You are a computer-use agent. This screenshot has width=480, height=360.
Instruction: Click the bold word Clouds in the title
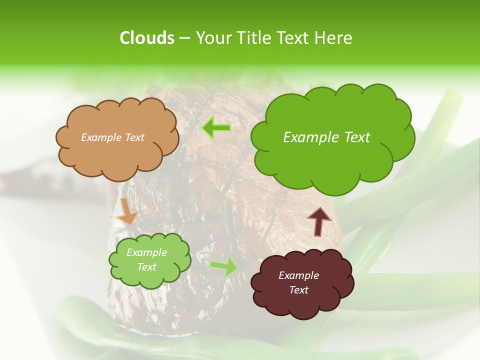(146, 38)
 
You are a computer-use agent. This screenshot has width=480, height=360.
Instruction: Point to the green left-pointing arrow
(216, 128)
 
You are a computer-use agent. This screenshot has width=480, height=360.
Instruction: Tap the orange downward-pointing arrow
(127, 211)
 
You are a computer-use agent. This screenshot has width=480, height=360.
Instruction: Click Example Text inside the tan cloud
(112, 137)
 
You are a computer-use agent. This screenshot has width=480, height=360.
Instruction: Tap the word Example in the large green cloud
(306, 137)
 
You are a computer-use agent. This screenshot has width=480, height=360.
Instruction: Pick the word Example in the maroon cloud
(298, 275)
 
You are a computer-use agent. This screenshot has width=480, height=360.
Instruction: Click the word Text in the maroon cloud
(298, 290)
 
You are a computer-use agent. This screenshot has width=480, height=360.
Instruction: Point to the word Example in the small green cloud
(146, 252)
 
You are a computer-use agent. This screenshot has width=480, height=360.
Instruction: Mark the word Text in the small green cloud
(146, 267)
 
